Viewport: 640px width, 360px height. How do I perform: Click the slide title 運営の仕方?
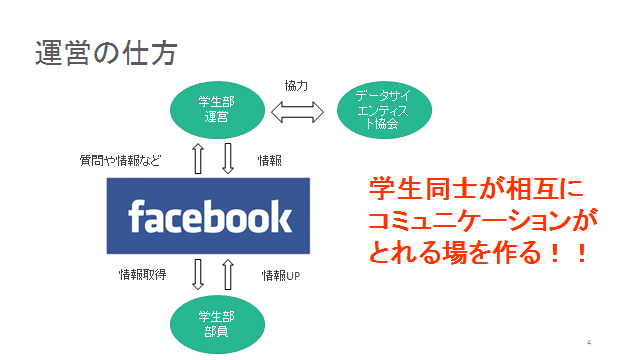tap(106, 53)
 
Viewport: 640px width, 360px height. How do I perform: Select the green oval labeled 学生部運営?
tap(217, 110)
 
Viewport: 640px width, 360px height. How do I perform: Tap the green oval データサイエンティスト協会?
tap(384, 110)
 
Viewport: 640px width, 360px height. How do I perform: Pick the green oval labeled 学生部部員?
tap(217, 324)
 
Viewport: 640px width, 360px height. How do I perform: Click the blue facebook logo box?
tap(208, 216)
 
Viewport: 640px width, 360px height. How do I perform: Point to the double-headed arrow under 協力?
tap(298, 112)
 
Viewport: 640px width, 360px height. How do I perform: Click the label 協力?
tap(296, 86)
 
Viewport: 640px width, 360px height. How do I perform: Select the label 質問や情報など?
tap(120, 160)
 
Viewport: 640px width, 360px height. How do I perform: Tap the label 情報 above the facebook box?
tap(270, 160)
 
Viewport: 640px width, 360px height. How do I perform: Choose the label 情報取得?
tap(142, 275)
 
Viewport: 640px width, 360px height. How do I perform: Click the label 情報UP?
tap(281, 276)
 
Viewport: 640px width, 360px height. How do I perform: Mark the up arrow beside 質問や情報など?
tap(198, 158)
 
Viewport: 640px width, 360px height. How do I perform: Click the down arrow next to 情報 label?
tap(228, 158)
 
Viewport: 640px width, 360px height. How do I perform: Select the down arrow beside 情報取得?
tap(198, 274)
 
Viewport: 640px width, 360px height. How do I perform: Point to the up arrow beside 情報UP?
tap(228, 274)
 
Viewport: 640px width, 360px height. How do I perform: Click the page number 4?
tap(589, 342)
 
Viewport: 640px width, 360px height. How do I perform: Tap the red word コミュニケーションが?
tap(483, 220)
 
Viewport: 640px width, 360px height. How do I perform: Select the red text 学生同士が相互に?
tap(477, 189)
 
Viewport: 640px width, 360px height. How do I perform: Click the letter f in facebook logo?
tap(136, 216)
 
